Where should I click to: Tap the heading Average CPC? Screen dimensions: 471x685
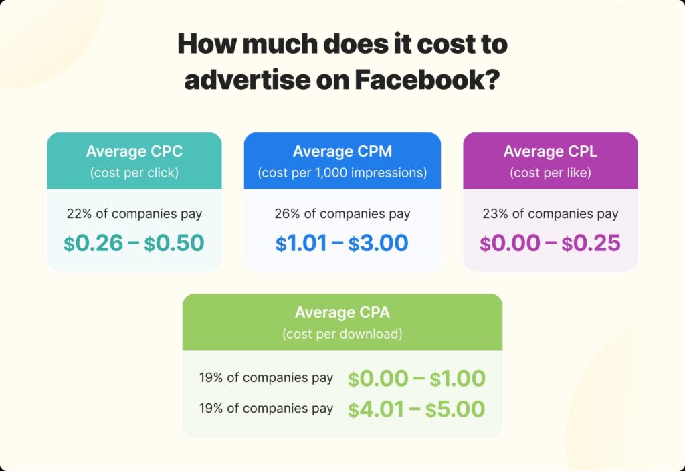[134, 151]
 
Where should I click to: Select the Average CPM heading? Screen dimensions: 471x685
[342, 151]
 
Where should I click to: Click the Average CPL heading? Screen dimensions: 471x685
[550, 151]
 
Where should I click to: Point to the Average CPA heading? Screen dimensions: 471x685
[342, 312]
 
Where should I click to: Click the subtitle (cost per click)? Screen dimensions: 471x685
[134, 173]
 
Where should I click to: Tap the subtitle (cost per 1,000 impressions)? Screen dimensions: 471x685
[342, 173]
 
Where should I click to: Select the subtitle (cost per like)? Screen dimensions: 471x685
[550, 173]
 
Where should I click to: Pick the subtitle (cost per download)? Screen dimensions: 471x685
[342, 333]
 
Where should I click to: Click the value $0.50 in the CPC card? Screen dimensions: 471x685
[175, 243]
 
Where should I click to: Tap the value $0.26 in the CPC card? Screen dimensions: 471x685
[94, 243]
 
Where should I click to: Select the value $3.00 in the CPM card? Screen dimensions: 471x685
[379, 243]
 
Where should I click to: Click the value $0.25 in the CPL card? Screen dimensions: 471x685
[591, 243]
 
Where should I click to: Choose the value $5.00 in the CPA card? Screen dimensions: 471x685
[457, 409]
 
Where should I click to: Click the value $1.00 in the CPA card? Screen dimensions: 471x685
[457, 379]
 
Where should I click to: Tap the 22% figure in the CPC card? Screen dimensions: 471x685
[78, 214]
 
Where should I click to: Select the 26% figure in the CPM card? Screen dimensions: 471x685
[286, 214]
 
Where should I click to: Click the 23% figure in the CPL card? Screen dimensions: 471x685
[494, 214]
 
